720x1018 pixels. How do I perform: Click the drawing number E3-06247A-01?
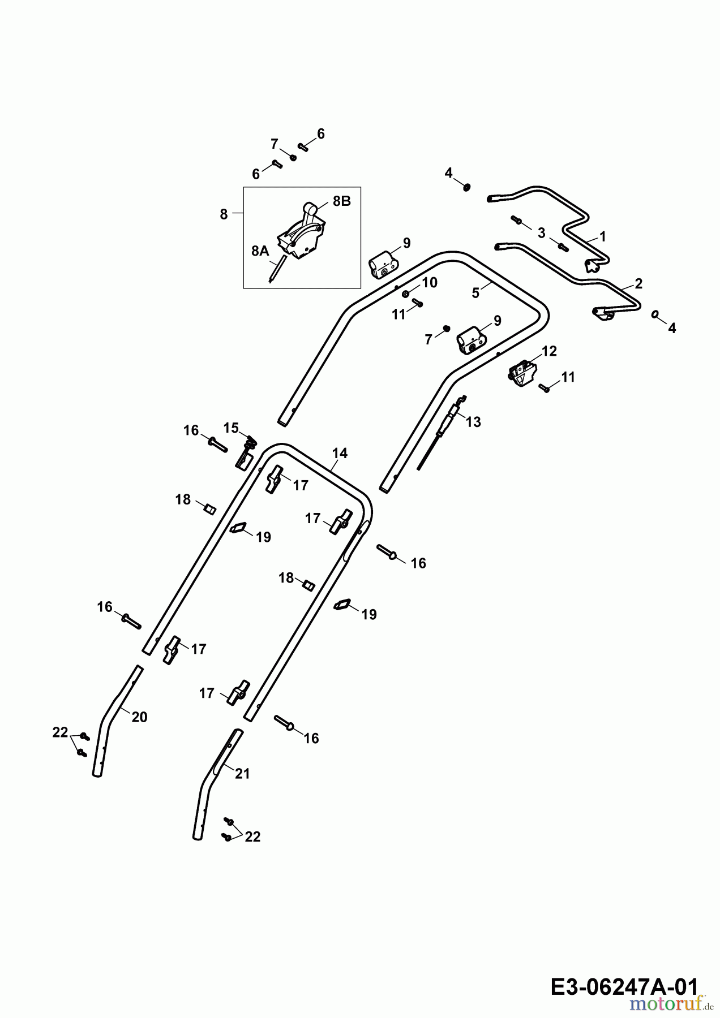pos(623,987)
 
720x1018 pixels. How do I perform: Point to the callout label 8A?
pos(260,251)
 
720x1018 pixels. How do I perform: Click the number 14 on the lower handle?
pos(340,453)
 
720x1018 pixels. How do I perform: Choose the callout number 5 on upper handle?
pos(475,293)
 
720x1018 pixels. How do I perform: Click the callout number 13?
pos(473,422)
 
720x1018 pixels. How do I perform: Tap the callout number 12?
pos(549,351)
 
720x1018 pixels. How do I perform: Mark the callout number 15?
pos(231,428)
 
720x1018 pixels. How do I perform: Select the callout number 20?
pos(139,717)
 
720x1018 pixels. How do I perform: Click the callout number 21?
pos(242,774)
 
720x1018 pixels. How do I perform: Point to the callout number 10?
pos(430,282)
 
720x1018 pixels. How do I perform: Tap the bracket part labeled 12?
pos(522,374)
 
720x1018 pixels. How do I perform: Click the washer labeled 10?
pos(406,294)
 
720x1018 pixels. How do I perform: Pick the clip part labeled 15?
pos(245,452)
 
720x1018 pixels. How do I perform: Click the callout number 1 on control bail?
pos(602,236)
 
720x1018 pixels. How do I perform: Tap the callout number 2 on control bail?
pos(638,284)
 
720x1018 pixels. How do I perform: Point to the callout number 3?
pos(541,233)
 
